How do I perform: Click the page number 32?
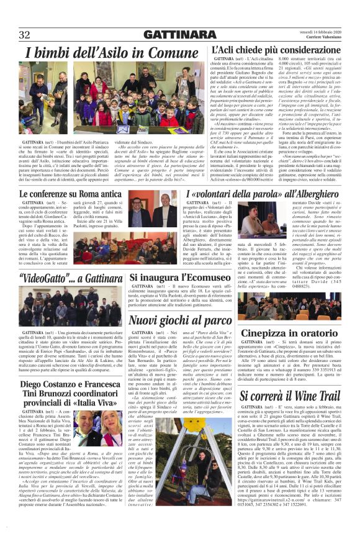tap(25, 34)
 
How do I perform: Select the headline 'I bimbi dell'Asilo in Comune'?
tap(112, 53)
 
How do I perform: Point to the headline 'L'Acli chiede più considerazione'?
tap(276, 49)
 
